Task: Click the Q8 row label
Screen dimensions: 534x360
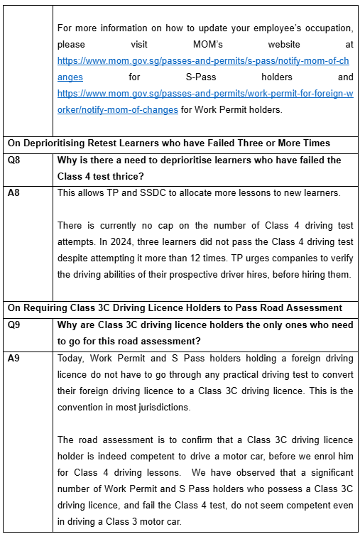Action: (x=13, y=160)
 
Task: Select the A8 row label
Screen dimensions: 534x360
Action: (x=13, y=192)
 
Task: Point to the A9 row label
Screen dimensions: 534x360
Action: (x=13, y=359)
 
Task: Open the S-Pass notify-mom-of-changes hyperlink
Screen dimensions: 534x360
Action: (x=203, y=60)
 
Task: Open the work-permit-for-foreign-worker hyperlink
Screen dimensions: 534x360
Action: (x=203, y=94)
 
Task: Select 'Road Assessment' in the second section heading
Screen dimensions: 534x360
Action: (x=307, y=307)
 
